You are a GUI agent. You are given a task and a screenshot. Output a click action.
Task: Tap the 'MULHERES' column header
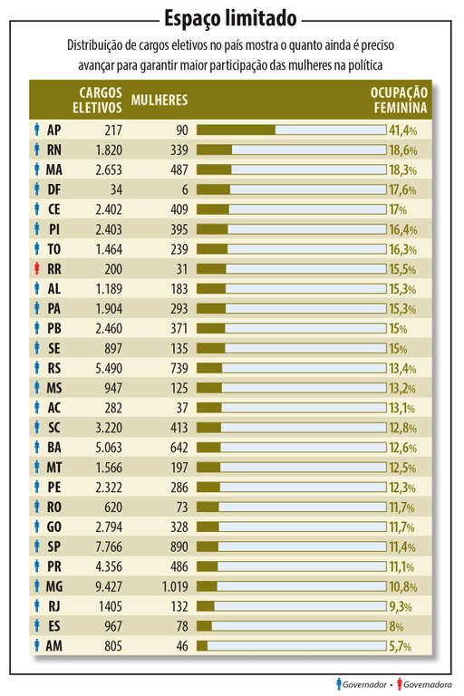coord(159,99)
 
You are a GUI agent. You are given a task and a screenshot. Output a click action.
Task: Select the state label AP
coord(54,130)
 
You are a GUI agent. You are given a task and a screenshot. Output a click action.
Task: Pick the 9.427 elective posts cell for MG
coord(101,585)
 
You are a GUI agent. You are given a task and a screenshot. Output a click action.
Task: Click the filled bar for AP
coord(236,130)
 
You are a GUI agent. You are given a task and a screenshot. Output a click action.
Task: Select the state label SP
coord(54,546)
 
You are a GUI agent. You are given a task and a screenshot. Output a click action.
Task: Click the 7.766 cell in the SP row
coord(101,546)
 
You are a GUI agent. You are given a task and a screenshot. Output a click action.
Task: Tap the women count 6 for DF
coord(183,189)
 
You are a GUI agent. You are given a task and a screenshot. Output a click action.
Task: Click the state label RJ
coord(54,605)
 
